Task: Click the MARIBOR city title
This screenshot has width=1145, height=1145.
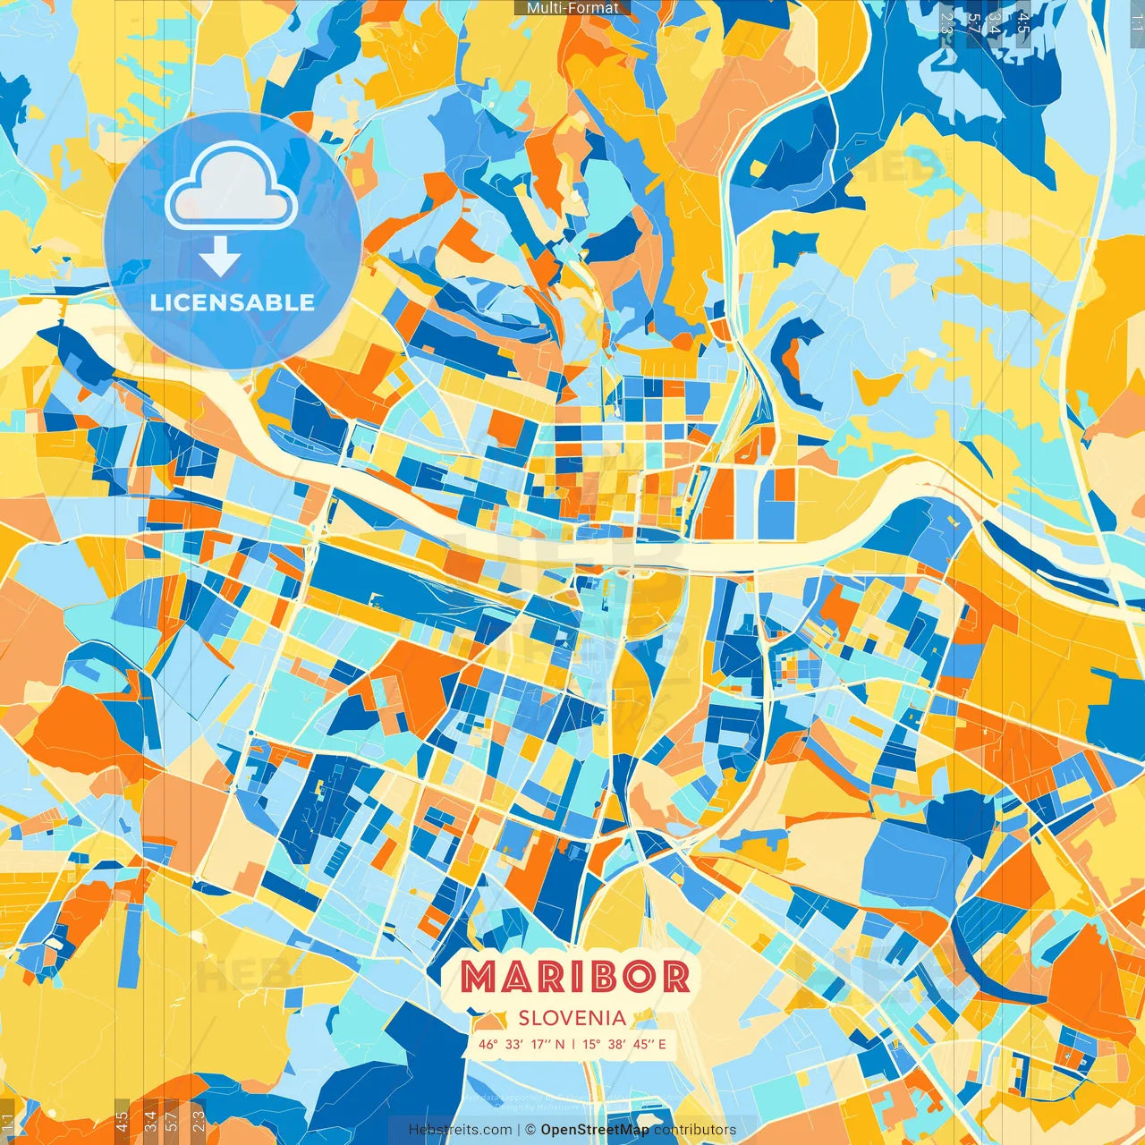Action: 575,977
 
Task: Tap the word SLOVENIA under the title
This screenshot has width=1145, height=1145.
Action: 572,1018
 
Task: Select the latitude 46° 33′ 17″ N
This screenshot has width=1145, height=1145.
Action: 521,1044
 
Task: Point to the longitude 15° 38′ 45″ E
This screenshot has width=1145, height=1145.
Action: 624,1044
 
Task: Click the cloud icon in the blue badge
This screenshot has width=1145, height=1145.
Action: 231,186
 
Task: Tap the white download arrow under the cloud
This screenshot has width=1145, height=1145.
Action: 219,258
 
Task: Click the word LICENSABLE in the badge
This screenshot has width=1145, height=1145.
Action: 233,302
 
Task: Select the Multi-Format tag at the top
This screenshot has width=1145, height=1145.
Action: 572,8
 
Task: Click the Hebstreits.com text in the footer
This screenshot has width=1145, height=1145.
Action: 460,1130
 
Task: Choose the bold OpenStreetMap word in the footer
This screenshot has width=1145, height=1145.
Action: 595,1130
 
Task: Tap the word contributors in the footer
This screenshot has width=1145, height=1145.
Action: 695,1130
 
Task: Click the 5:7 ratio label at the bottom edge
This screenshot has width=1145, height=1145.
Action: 172,1122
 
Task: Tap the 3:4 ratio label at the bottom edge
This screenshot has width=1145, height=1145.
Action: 149,1122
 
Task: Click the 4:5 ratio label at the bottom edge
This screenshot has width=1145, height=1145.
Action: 121,1122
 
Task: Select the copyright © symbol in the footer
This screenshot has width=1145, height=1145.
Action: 530,1130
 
